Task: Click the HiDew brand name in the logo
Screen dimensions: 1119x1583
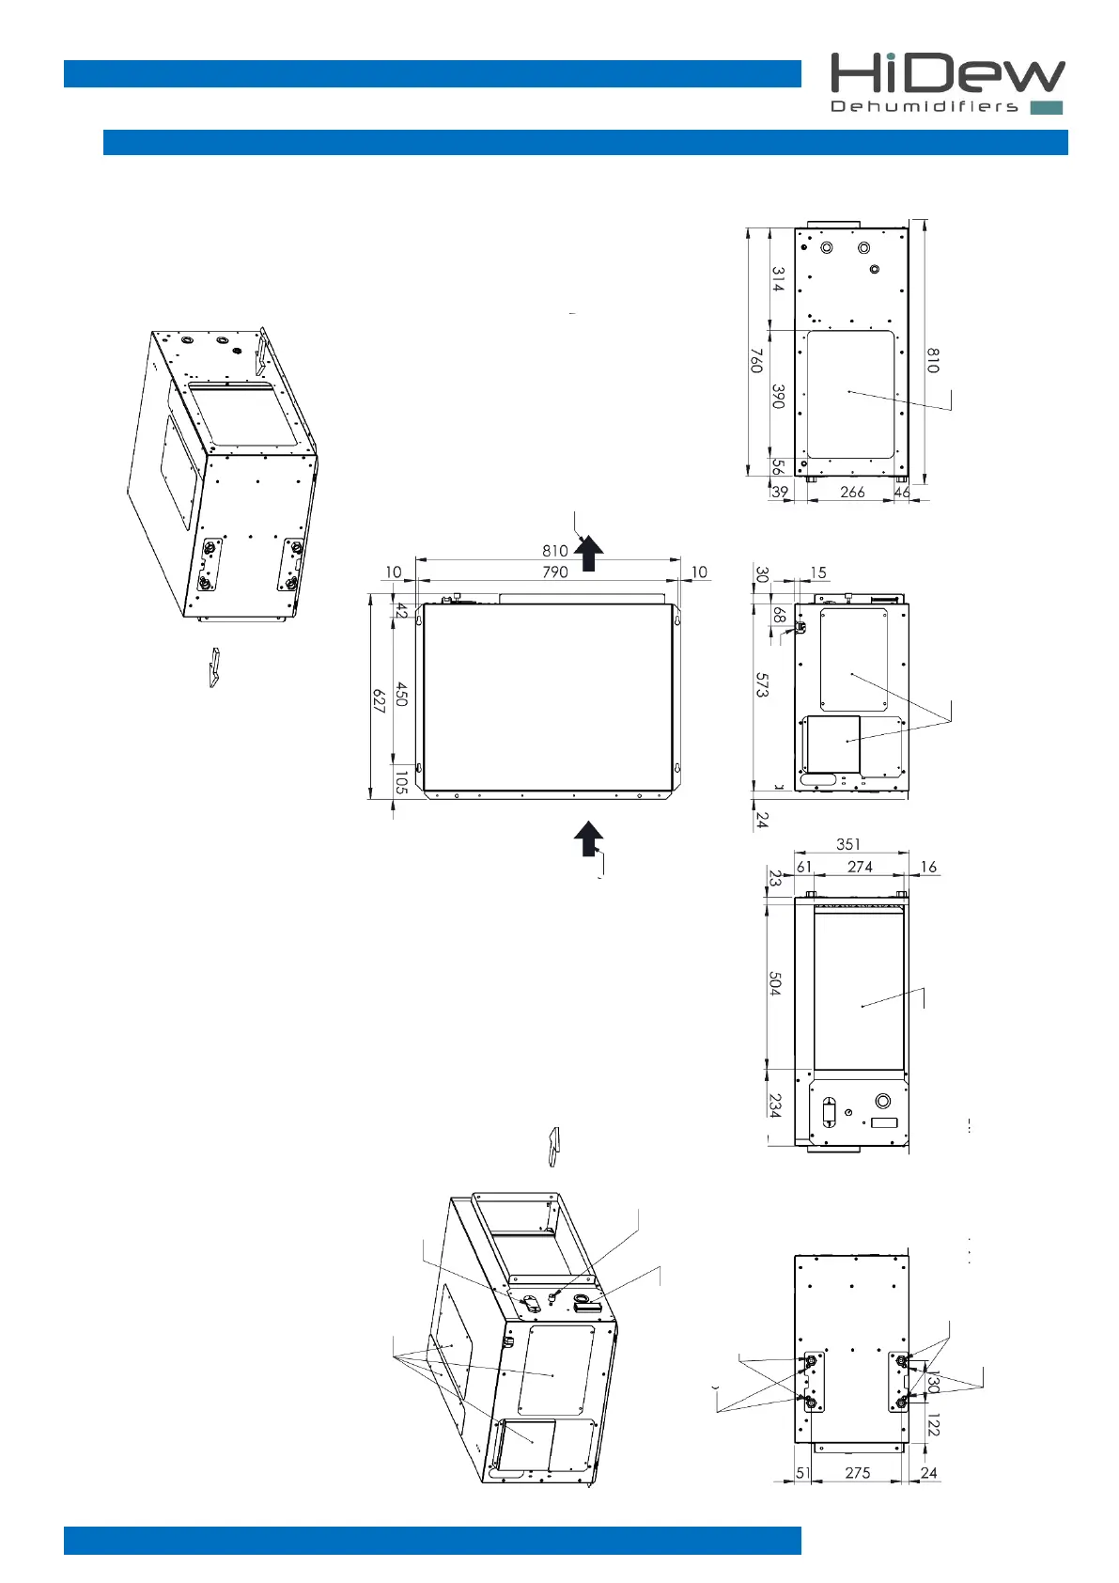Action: pos(946,73)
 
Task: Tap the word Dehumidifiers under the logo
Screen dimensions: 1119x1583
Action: pos(925,107)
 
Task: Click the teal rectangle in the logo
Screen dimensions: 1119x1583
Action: pos(1047,107)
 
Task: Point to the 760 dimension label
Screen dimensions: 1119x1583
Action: pos(756,361)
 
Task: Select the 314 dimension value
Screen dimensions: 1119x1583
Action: pos(778,279)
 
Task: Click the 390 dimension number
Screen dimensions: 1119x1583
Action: pos(778,396)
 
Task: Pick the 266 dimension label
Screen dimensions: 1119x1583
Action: pos(852,493)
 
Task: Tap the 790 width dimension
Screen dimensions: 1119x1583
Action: pos(555,572)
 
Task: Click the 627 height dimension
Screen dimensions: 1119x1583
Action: pos(379,701)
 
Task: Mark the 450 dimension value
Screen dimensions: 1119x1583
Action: pos(401,695)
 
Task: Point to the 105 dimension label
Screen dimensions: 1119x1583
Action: pos(401,782)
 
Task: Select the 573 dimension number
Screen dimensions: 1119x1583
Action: pos(762,685)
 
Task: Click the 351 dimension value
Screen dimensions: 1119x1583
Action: pos(847,844)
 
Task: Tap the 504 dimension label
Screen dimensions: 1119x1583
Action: pos(774,984)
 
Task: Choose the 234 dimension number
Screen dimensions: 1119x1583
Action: pos(774,1105)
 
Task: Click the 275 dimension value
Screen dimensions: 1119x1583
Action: pos(857,1473)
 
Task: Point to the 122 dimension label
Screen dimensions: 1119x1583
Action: pos(932,1425)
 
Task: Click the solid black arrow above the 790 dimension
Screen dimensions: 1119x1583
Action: pos(589,554)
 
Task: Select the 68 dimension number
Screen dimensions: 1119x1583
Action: pos(779,615)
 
